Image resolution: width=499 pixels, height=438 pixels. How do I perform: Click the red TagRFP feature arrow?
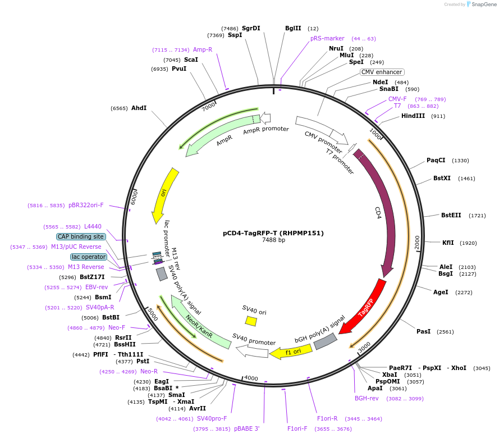click(x=365, y=307)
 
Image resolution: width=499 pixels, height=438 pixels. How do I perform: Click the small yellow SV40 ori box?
click(x=251, y=321)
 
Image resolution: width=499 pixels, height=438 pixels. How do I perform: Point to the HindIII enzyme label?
click(x=415, y=116)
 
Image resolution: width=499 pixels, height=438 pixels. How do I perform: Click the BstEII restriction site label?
click(x=451, y=215)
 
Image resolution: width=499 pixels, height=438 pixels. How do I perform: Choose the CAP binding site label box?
click(x=81, y=236)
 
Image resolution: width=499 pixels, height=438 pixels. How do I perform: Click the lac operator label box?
click(x=89, y=257)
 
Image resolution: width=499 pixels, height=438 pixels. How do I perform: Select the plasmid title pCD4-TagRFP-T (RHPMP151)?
click(x=273, y=232)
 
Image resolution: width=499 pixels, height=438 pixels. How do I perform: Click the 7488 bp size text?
click(x=273, y=240)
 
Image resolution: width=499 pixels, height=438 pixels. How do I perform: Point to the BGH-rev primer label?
click(x=367, y=398)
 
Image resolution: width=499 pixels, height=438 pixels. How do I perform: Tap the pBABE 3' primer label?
click(x=246, y=428)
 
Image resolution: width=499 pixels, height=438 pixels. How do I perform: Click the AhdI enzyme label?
click(x=139, y=108)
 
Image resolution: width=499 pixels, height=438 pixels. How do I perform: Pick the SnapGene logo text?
click(x=483, y=4)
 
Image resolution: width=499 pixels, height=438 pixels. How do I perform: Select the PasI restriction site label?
click(x=423, y=331)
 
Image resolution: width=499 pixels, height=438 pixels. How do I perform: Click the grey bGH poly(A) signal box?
click(x=325, y=341)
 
